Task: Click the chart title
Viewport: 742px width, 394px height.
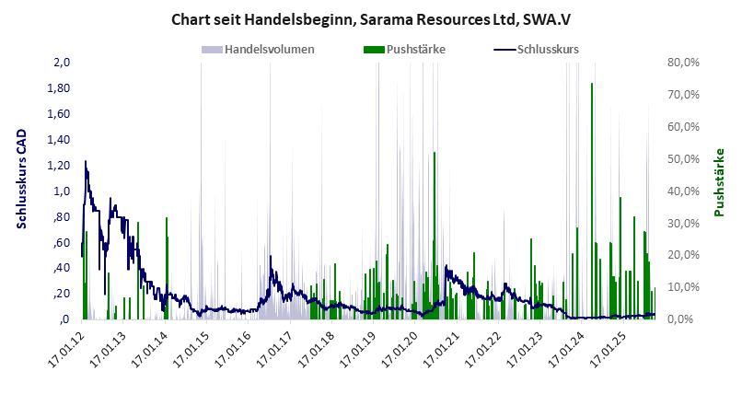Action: click(370, 19)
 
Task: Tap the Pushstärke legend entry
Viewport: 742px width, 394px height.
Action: click(405, 49)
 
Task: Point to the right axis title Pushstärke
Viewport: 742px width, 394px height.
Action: click(720, 182)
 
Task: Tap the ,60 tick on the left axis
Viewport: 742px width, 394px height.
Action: click(62, 242)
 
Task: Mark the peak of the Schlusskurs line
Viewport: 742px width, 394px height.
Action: click(86, 162)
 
